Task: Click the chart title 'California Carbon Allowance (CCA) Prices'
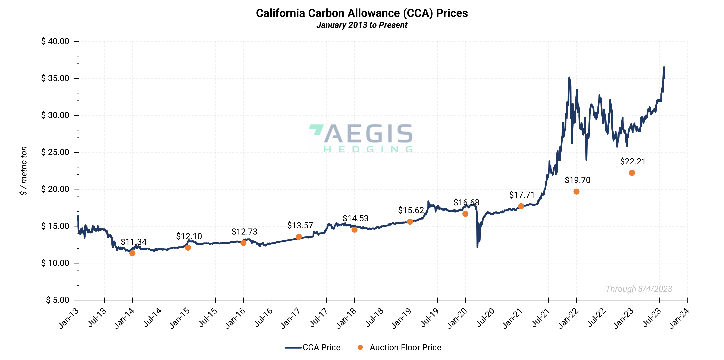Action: point(362,13)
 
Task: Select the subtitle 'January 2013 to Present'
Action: point(362,25)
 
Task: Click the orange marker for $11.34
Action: point(132,253)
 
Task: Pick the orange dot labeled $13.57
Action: point(299,237)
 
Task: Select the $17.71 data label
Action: point(522,195)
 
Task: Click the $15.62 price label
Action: point(411,210)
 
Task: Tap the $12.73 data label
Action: point(244,232)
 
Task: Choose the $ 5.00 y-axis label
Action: point(58,300)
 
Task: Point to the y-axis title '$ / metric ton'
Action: point(24,171)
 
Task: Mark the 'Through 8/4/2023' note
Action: point(639,289)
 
